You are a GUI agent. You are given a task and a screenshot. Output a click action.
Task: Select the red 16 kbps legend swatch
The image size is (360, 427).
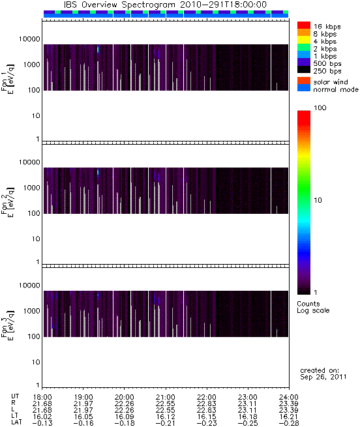coord(304,25)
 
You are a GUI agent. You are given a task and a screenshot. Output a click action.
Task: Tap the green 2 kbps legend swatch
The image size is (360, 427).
coord(304,48)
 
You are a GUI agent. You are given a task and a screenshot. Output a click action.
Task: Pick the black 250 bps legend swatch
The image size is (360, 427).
coord(304,70)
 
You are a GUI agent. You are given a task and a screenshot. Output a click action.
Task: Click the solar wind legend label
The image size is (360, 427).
coord(331,82)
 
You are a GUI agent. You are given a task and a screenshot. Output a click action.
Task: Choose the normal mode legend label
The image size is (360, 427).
coord(336,89)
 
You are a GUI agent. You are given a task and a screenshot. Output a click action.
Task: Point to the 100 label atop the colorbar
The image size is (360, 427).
coord(320,108)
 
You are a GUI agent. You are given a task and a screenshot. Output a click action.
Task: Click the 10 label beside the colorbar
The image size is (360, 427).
coord(318,200)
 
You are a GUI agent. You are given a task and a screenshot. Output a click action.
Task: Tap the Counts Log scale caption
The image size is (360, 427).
coord(313,307)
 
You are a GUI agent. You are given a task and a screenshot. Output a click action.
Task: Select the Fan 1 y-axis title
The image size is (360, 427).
coord(8,79)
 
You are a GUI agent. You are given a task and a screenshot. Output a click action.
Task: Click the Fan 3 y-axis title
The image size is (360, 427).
coord(8,325)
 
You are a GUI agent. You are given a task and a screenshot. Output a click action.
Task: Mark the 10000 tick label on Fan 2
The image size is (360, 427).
coord(29,162)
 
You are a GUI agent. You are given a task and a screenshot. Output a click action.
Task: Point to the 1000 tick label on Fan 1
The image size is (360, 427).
coord(31,65)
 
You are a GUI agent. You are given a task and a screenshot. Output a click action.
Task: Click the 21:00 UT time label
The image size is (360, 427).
coord(166,397)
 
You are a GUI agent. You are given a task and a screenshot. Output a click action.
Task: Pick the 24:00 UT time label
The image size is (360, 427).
coord(289,397)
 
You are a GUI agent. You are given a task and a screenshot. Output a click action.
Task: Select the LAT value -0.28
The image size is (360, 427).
coord(289,423)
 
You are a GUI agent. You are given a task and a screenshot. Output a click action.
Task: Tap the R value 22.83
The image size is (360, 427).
coord(207,404)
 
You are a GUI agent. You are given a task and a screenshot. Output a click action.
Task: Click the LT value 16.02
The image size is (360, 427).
coord(42,417)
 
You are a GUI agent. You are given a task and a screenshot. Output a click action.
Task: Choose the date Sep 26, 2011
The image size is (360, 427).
coord(323,377)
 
